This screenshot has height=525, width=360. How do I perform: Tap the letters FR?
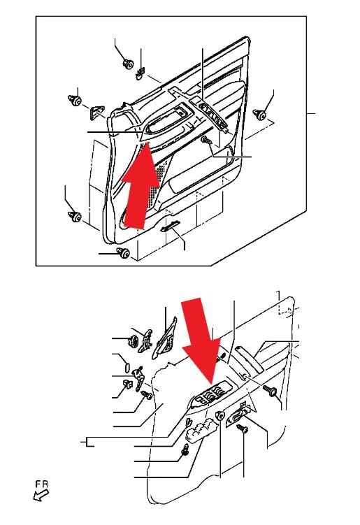click(42, 484)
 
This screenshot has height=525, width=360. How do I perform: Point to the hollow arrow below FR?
click(41, 495)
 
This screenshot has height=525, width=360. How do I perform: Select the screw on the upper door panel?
click(206, 141)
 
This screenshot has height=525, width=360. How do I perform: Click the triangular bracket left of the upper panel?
click(96, 111)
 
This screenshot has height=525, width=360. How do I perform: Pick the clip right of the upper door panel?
click(259, 114)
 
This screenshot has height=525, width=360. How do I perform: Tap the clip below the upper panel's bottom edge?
click(123, 253)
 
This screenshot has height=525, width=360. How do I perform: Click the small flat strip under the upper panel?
click(170, 226)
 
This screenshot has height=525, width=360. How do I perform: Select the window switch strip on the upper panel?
click(213, 115)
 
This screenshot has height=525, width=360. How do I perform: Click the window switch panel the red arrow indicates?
click(212, 396)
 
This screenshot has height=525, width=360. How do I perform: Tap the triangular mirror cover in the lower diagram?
click(165, 338)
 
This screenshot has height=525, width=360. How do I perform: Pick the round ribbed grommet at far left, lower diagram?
click(134, 340)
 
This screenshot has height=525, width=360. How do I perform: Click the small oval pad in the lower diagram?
click(127, 368)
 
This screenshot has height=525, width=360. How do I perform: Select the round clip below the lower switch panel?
click(220, 415)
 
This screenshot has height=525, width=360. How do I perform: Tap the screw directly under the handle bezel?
click(242, 429)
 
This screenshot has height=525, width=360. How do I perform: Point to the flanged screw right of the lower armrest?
click(270, 390)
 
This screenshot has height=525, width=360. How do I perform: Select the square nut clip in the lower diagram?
click(127, 384)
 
